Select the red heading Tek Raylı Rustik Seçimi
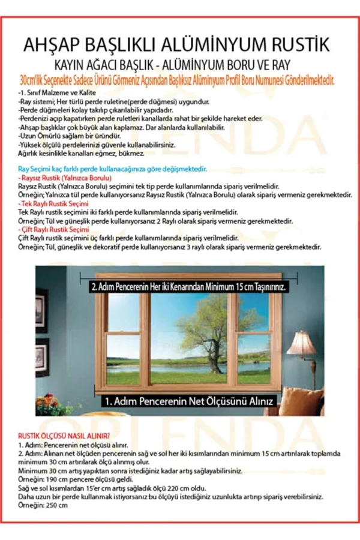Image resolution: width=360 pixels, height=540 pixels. pos(55,204)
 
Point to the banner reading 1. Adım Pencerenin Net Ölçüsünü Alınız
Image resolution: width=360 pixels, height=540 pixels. pos(190,400)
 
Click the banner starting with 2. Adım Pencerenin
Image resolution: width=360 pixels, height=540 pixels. pos(189,287)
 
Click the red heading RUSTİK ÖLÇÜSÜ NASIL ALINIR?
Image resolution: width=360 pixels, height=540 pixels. pos(64,435)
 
